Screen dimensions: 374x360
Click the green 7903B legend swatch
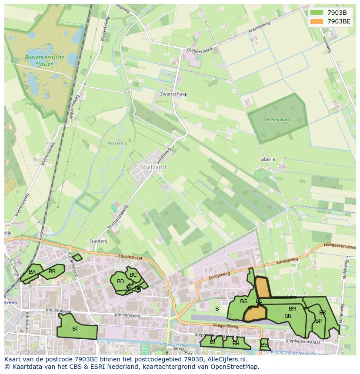pyautogui.click(x=317, y=13)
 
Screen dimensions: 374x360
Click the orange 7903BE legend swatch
pyautogui.click(x=317, y=21)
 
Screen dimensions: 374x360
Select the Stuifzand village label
pyautogui.click(x=153, y=167)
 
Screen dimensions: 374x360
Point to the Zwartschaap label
pyautogui.click(x=173, y=94)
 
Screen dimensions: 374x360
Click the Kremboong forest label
pyautogui.click(x=278, y=119)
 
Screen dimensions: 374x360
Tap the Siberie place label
pyautogui.click(x=267, y=159)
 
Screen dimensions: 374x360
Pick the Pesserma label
pyautogui.click(x=117, y=143)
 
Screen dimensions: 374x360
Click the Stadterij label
pyautogui.click(x=98, y=241)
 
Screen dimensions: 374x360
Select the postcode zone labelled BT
pyautogui.click(x=76, y=329)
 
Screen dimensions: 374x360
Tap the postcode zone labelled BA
pyautogui.click(x=32, y=272)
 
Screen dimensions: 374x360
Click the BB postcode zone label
pyautogui.click(x=52, y=271)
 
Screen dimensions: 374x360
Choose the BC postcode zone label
pyautogui.click(x=133, y=275)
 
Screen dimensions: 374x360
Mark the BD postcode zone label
pyautogui.click(x=120, y=281)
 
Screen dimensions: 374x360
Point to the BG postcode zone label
pyautogui.click(x=243, y=301)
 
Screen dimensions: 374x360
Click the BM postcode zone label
pyautogui.click(x=292, y=309)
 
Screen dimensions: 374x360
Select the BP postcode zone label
pyautogui.click(x=318, y=321)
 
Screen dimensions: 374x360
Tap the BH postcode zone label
pyautogui.click(x=236, y=343)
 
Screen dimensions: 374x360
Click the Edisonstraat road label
pyautogui.click(x=130, y=258)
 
